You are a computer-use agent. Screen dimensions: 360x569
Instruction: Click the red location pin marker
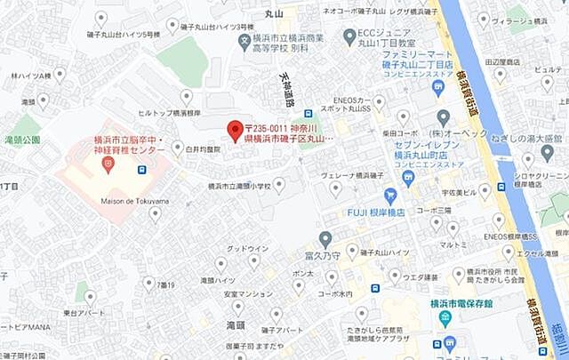236,130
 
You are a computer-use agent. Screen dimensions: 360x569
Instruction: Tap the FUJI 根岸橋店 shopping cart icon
389,196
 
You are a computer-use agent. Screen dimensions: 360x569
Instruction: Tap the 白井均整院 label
202,150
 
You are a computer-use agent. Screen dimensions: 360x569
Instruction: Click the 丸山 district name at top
273,13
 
